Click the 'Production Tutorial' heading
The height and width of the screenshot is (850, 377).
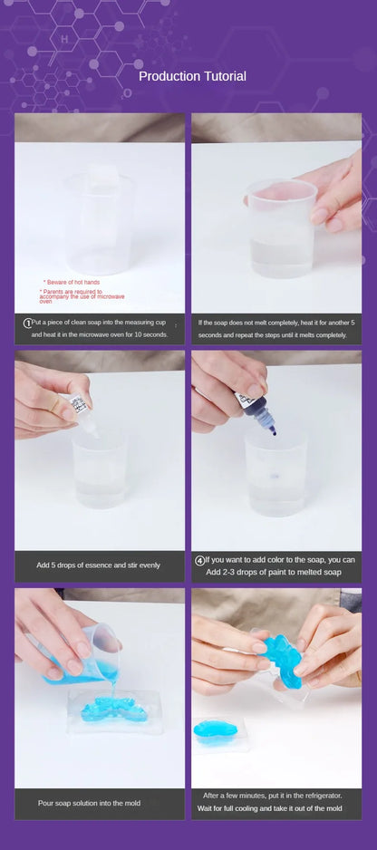point(192,76)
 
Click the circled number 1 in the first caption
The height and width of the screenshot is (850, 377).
point(27,322)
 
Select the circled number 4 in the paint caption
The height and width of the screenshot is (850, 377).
point(200,560)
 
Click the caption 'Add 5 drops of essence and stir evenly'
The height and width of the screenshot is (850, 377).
point(98,565)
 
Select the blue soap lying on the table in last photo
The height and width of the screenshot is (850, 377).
point(217,731)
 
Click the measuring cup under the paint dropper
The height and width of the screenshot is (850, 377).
point(275,471)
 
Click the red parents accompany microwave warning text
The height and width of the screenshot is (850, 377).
point(82,296)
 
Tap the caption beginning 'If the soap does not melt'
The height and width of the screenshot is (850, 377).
point(276,328)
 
